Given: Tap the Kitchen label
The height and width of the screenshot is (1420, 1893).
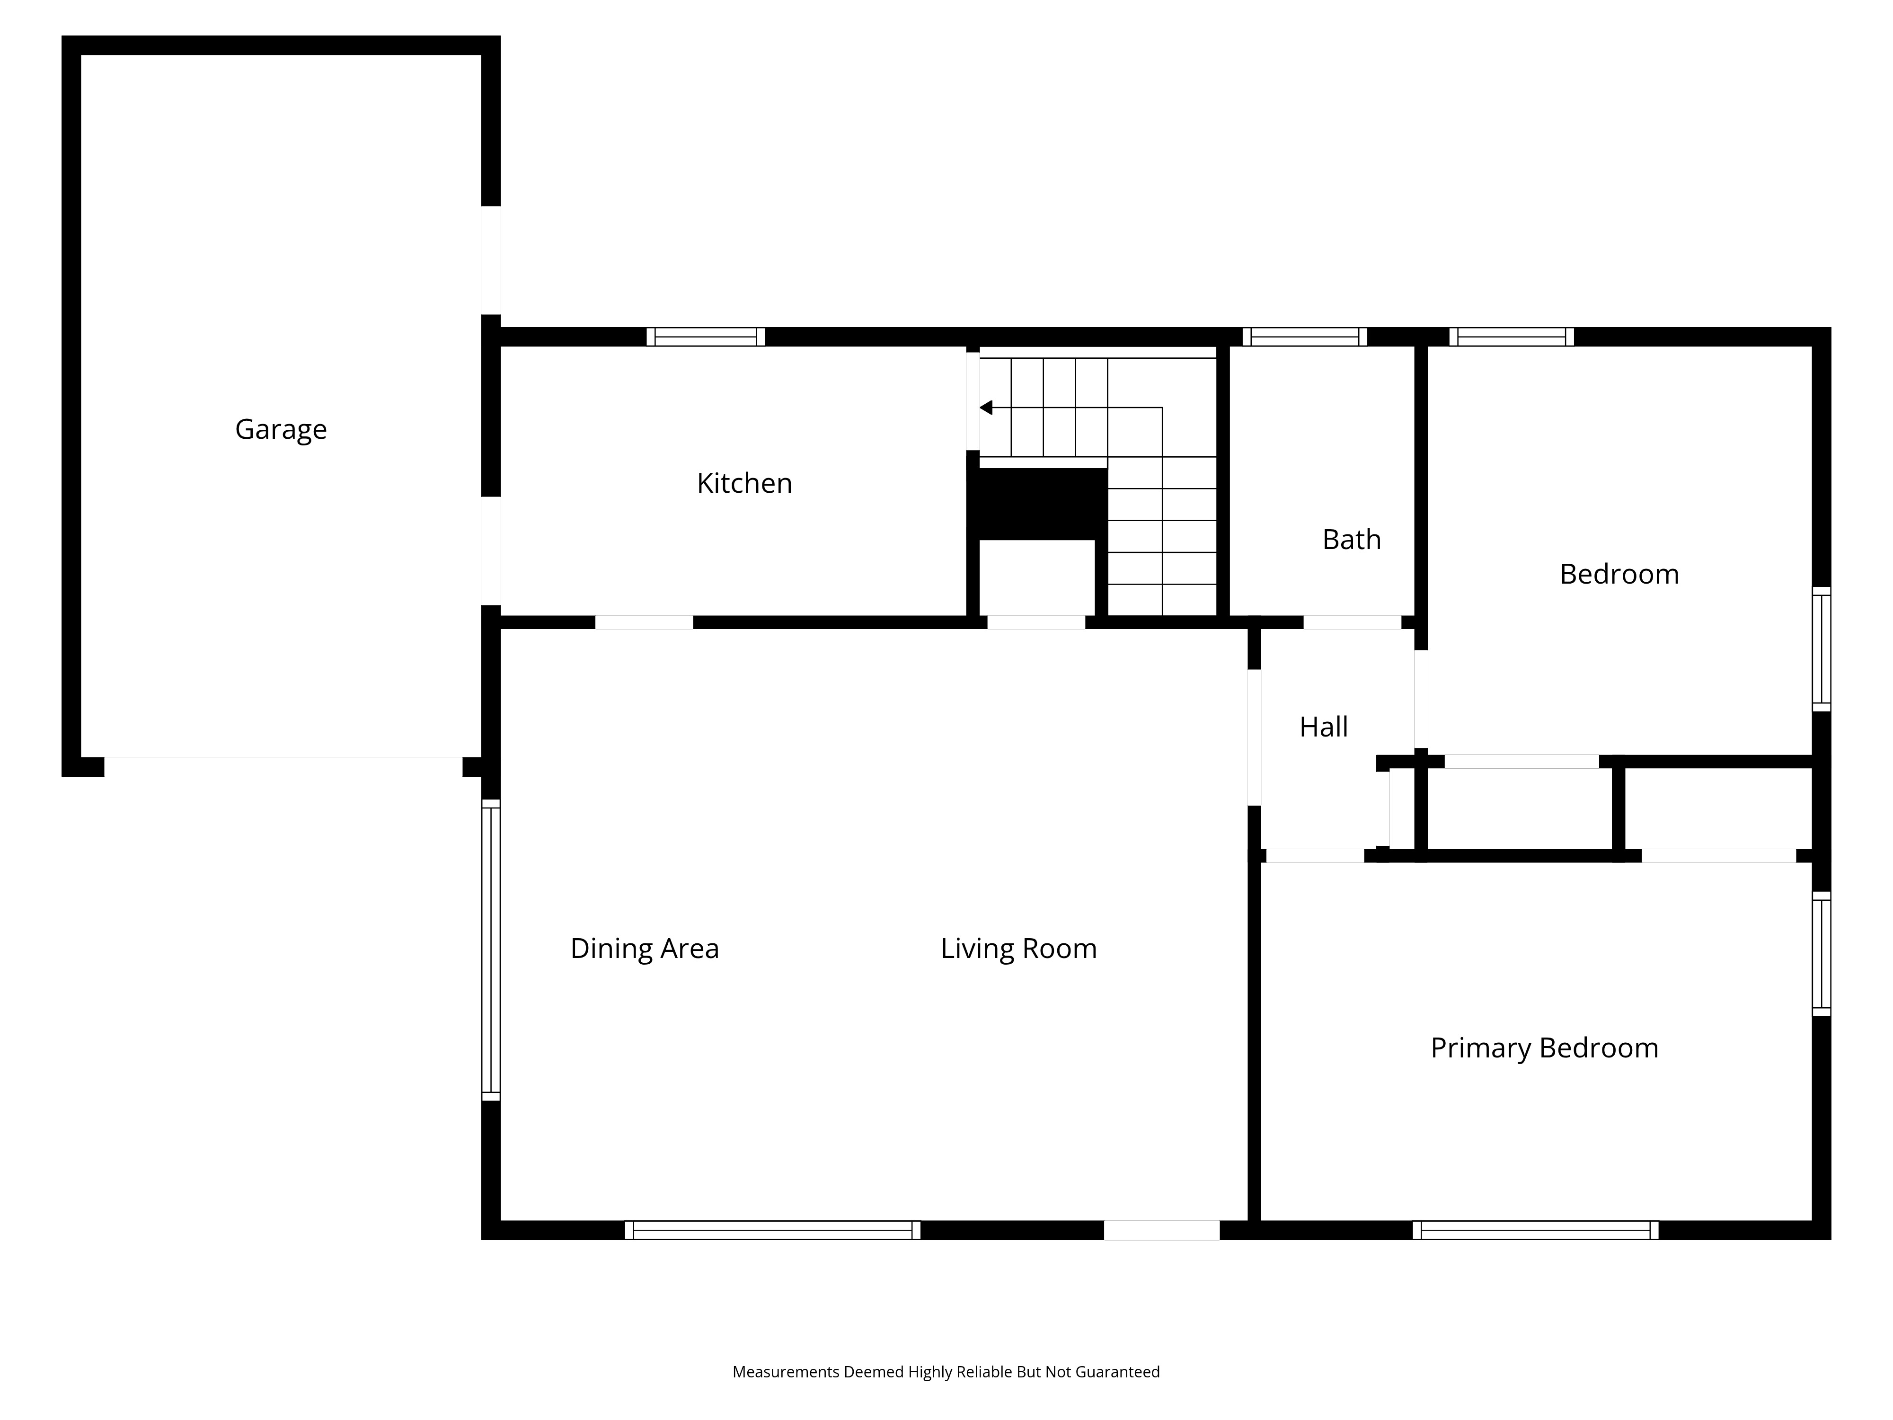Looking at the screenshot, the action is (x=744, y=484).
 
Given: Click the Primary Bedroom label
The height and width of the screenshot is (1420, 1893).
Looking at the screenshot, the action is (x=1545, y=1048).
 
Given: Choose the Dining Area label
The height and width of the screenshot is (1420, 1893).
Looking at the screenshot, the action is (x=645, y=949).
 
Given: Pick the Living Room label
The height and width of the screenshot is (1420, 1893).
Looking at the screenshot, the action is (x=1018, y=949).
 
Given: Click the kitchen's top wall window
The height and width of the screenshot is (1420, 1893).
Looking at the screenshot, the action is (x=705, y=337).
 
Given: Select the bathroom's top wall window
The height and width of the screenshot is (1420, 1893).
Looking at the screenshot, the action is (x=1304, y=337).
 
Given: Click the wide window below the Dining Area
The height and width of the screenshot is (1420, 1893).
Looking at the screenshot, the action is (x=773, y=1230).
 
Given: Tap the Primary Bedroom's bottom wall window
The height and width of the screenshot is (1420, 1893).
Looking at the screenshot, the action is (x=1535, y=1230).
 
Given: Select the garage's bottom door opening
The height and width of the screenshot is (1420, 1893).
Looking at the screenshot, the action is (x=283, y=767).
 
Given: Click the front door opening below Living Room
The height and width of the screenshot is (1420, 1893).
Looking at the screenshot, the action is (x=1161, y=1230).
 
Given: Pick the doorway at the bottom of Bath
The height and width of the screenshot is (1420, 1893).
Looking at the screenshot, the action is (x=1352, y=622).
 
